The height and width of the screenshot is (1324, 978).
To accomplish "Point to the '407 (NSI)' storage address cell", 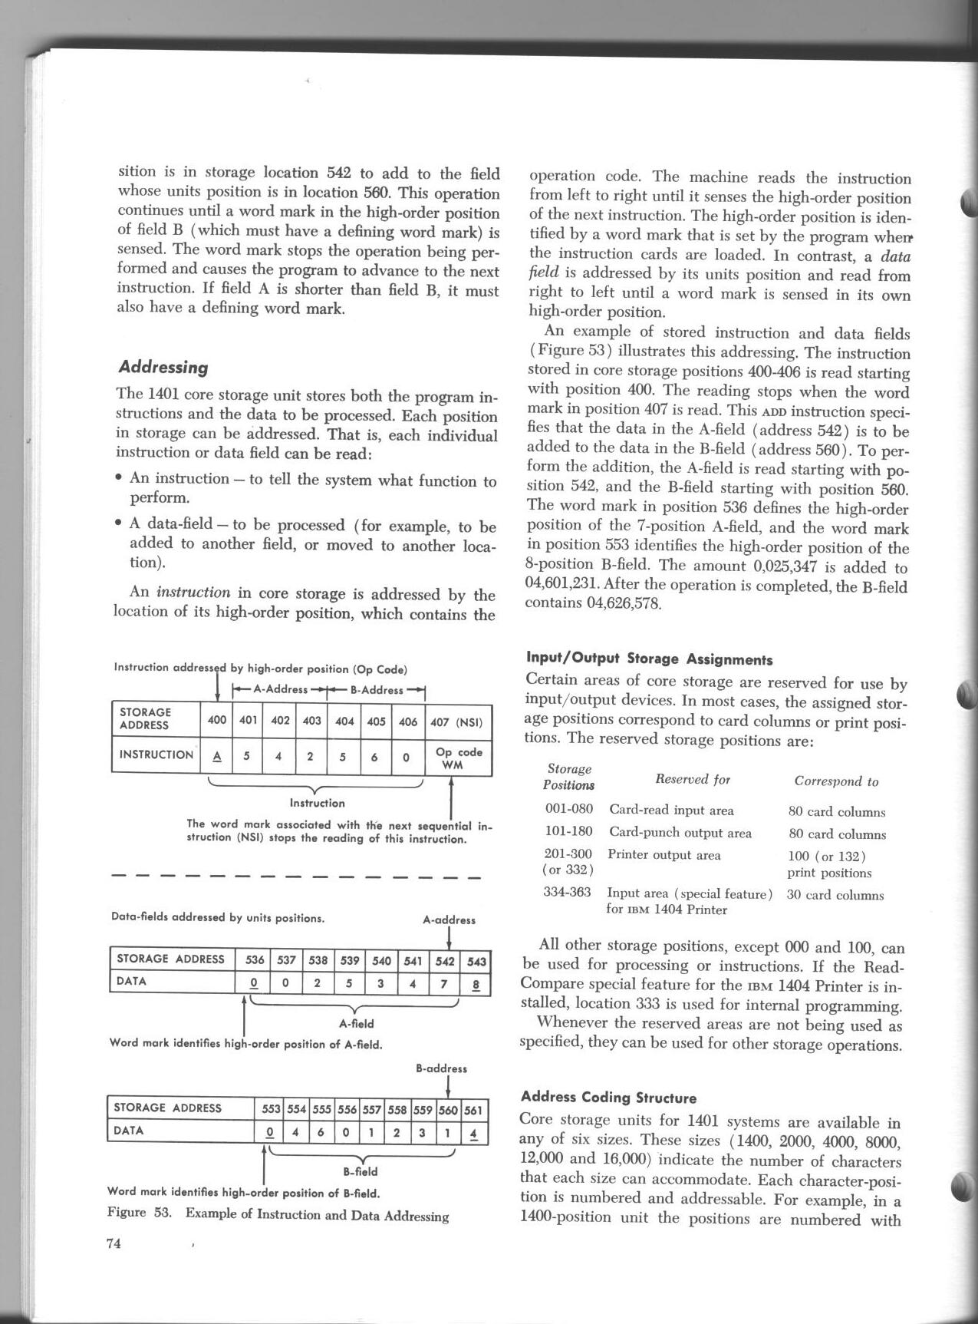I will click(x=458, y=721).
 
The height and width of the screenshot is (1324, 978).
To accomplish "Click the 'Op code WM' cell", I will click(x=458, y=758).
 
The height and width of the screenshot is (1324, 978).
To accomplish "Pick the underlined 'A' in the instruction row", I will click(x=217, y=756).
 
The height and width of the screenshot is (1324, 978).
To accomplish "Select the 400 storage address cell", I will click(x=217, y=721).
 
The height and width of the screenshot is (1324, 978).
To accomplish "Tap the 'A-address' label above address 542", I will click(x=449, y=920).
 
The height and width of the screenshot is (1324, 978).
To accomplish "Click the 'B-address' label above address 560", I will click(x=441, y=1068).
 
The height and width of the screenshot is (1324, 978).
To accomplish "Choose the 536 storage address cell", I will click(x=254, y=960).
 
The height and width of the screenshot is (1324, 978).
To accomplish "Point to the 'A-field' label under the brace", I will click(x=356, y=1023).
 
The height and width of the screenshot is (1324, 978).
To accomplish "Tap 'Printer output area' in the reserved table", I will click(x=664, y=854).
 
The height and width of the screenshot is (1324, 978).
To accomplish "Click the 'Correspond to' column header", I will click(x=836, y=781).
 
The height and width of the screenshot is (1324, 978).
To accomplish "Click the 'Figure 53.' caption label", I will click(x=137, y=1213).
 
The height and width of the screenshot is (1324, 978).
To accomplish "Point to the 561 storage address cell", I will click(x=474, y=1108).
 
